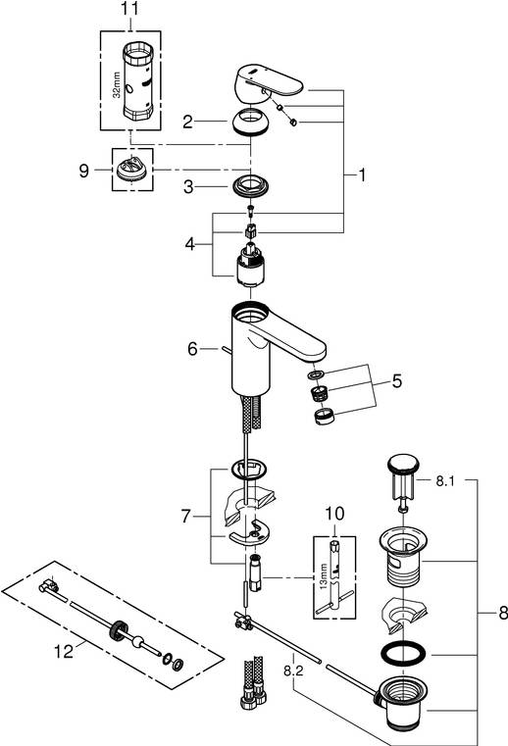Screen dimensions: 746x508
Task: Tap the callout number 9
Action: click(x=86, y=170)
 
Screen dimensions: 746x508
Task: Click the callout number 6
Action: click(x=192, y=348)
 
